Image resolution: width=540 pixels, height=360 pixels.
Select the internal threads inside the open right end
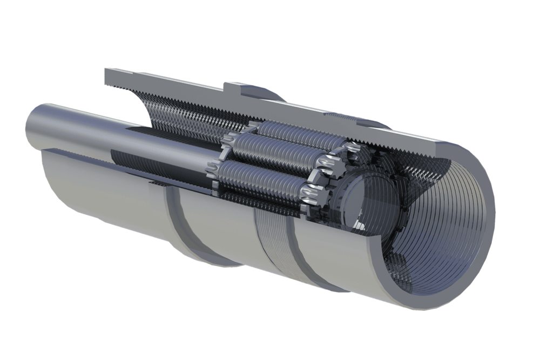(x=448, y=216)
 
